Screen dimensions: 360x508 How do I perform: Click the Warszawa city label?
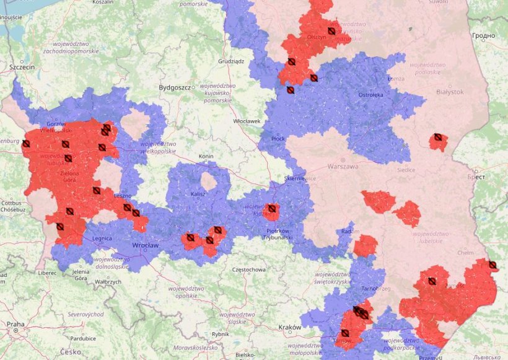[343, 167]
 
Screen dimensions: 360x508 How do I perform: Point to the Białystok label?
[449, 92]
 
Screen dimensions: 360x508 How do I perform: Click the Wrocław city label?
[146, 245]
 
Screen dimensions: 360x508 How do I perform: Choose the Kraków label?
[289, 327]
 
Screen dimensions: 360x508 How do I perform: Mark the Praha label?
[15, 324]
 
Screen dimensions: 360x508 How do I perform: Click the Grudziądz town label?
[231, 61]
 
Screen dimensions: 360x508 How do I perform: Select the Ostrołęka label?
[370, 95]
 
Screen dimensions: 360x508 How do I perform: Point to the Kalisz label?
[198, 194]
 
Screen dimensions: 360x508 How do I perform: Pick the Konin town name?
[206, 156]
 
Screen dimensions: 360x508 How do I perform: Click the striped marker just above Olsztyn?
[331, 30]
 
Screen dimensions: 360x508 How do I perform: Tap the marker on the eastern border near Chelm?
[492, 265]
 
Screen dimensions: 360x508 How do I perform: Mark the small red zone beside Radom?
[366, 245]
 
